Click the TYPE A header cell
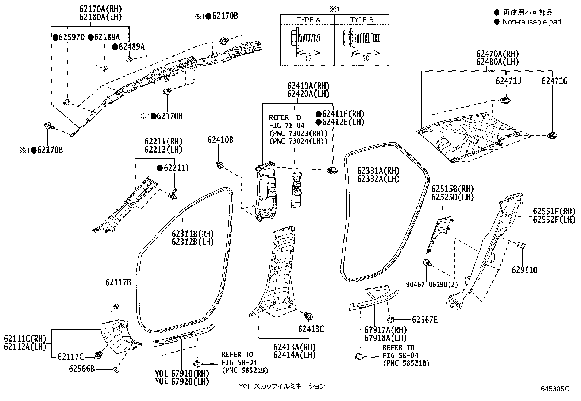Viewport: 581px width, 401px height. click(308, 19)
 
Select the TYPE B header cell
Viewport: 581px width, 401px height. click(362, 19)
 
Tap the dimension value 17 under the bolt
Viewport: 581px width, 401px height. click(308, 58)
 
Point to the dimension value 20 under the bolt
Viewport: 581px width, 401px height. click(365, 58)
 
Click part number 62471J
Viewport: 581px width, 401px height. click(508, 81)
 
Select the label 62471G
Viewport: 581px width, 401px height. click(554, 81)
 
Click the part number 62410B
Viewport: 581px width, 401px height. click(220, 140)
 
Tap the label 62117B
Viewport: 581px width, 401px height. click(118, 282)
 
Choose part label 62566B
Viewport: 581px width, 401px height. click(82, 369)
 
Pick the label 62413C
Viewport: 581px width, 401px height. click(311, 329)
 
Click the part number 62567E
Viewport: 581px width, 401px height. click(424, 320)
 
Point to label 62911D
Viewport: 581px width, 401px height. click(524, 270)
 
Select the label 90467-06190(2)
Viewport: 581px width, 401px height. click(432, 285)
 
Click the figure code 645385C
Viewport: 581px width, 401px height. click(555, 389)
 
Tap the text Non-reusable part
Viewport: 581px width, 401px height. click(532, 22)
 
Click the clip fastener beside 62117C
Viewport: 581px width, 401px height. click(99, 355)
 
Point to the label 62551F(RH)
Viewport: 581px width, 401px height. click(554, 211)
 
